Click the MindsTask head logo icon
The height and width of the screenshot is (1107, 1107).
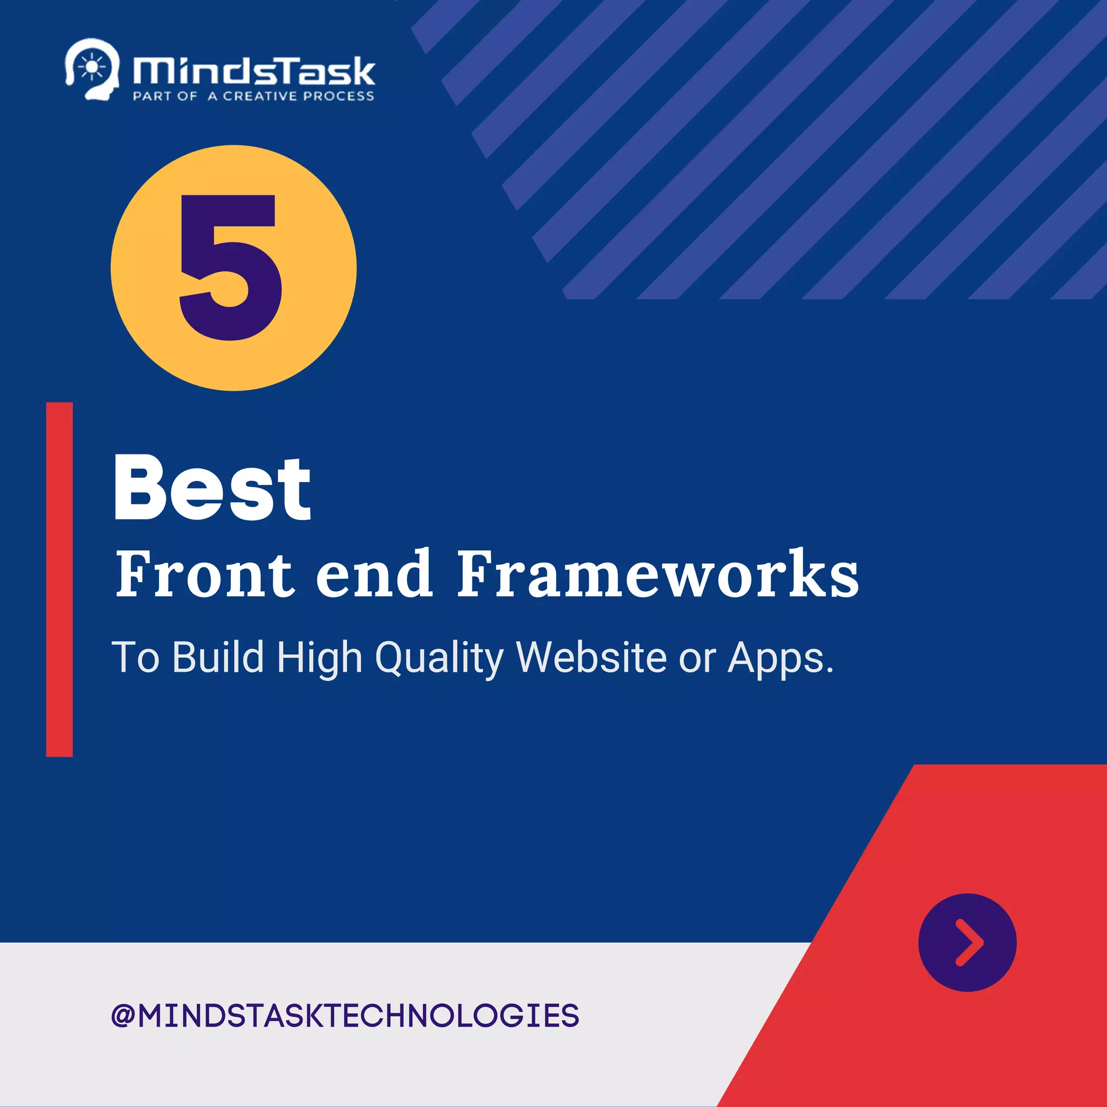(x=92, y=69)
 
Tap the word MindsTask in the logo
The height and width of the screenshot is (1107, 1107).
(x=254, y=71)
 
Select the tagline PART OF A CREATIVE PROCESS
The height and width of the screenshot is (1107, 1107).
(x=254, y=96)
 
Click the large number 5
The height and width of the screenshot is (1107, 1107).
(x=231, y=267)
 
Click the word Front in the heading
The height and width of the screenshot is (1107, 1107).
(x=204, y=573)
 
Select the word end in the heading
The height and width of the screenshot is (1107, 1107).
(x=374, y=573)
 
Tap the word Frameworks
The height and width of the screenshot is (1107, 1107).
(x=657, y=573)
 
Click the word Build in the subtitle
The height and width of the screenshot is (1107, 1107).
(x=218, y=657)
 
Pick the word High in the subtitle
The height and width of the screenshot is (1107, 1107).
(x=319, y=658)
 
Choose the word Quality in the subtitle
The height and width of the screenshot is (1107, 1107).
(x=439, y=658)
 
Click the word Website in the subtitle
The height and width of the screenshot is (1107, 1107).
(x=591, y=657)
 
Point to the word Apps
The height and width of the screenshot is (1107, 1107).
(x=780, y=658)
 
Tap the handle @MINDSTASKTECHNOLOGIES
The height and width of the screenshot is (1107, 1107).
(x=345, y=1016)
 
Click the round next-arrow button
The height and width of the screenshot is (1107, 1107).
(x=967, y=943)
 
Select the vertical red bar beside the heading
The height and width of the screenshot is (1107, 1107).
(x=59, y=579)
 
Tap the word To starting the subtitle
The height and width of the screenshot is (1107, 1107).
(x=135, y=657)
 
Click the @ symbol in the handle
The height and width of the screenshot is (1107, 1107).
(x=123, y=1016)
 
